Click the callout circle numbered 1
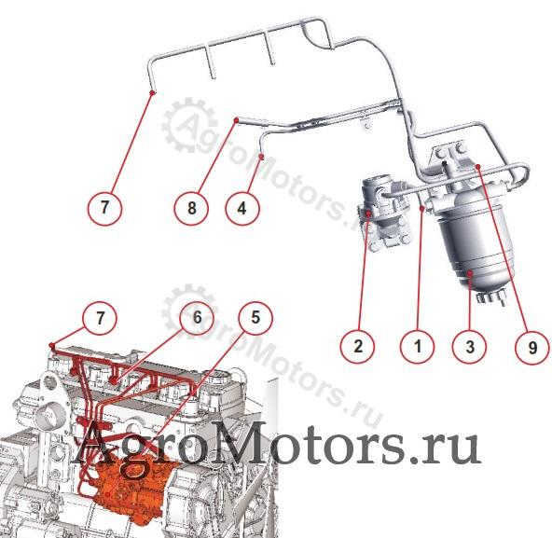(x=418, y=347)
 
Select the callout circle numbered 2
(x=358, y=346)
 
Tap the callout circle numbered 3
(x=470, y=347)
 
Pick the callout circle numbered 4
(x=242, y=208)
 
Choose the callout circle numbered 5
(x=255, y=318)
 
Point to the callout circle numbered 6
(x=197, y=318)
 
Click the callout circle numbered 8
(x=191, y=208)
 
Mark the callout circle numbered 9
(x=531, y=348)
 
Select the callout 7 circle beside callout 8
(x=104, y=207)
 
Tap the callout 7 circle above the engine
(x=101, y=318)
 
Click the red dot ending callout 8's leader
(x=237, y=120)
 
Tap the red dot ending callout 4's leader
(x=262, y=156)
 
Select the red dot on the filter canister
(x=471, y=273)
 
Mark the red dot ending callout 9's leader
(x=477, y=166)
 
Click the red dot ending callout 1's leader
(x=421, y=209)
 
